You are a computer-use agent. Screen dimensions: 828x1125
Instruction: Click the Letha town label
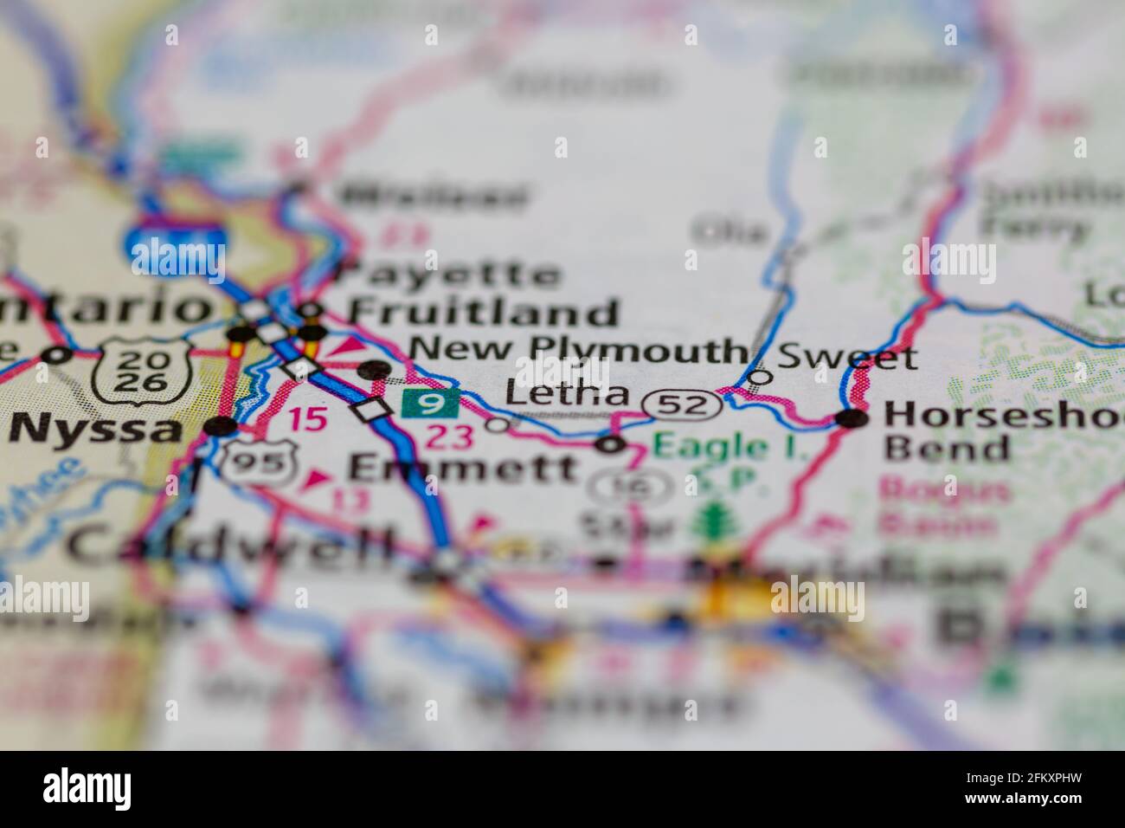click(567, 394)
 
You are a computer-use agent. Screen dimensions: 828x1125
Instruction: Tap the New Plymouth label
click(577, 350)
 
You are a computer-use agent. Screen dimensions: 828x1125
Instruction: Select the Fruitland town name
click(483, 312)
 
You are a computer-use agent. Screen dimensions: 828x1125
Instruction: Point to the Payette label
click(448, 275)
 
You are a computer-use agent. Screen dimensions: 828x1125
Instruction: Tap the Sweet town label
click(847, 356)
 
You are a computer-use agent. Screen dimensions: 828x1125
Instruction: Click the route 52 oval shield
click(681, 404)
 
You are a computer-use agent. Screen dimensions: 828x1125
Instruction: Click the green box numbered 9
click(428, 403)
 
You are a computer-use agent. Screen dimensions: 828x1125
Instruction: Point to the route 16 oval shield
click(629, 488)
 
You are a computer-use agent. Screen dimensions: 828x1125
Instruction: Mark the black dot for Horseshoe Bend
click(853, 420)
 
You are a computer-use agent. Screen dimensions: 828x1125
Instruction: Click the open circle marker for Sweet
click(760, 377)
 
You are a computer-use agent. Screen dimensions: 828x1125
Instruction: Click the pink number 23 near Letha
click(448, 437)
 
